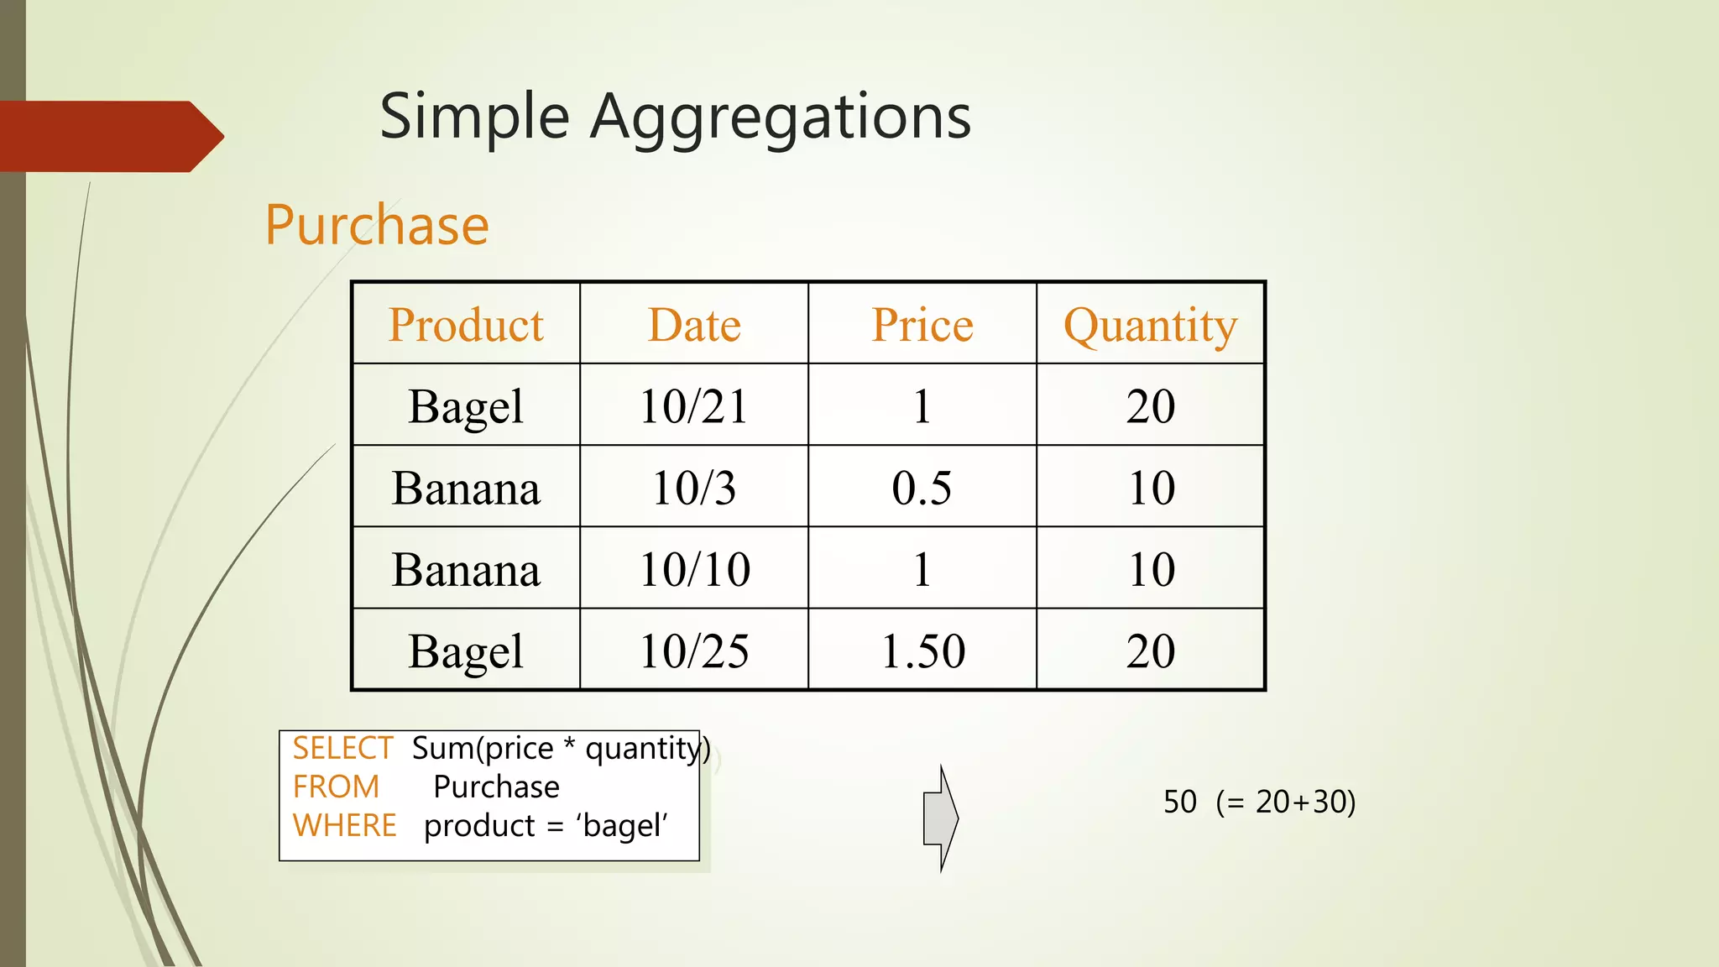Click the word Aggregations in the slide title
point(781,118)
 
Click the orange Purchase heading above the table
point(377,225)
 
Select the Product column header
point(466,325)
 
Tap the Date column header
point(694,325)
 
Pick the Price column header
point(922,325)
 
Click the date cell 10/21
point(694,406)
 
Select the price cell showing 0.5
point(922,488)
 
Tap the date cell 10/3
point(694,488)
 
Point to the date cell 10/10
point(694,569)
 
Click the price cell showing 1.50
point(922,651)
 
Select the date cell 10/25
point(694,651)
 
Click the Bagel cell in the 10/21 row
point(466,407)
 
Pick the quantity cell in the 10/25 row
point(1151,651)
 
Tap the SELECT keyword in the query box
point(342,748)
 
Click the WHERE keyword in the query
point(344,825)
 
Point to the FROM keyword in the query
point(336,787)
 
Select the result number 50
point(1179,802)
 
